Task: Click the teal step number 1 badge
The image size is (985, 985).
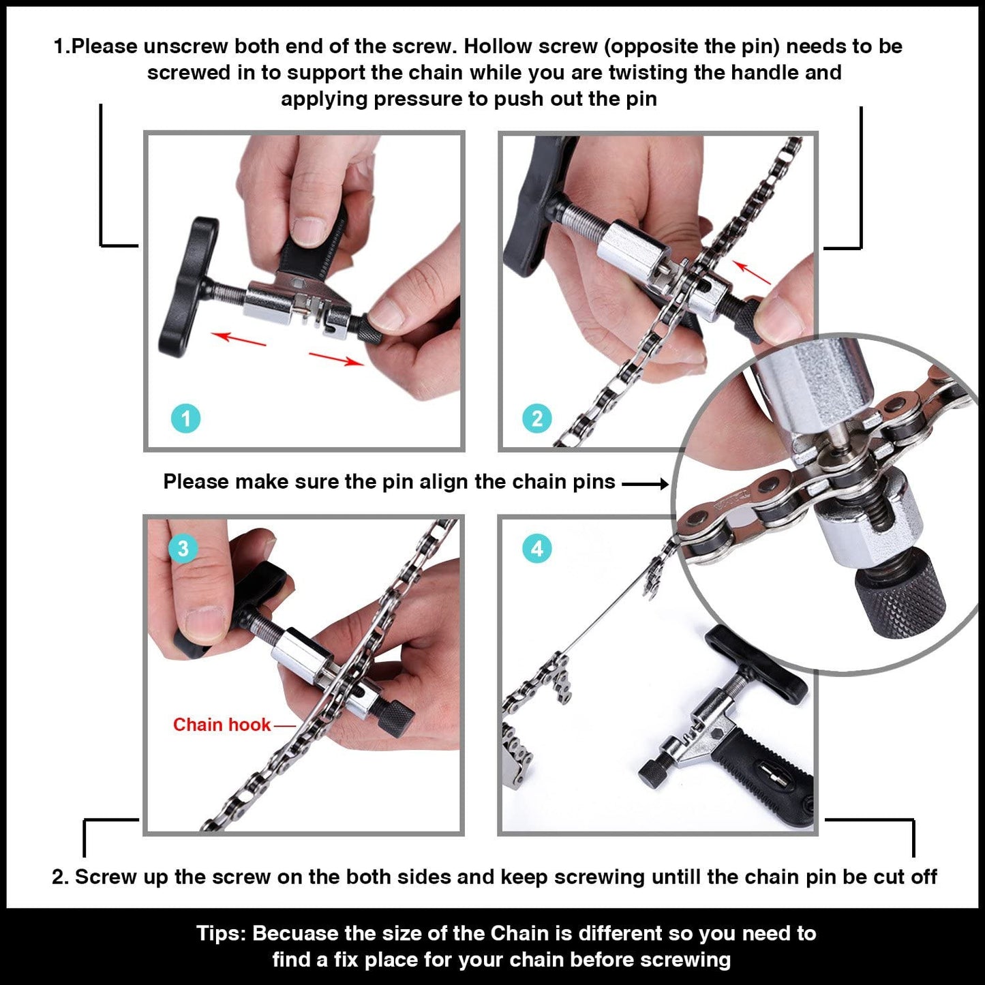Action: click(185, 418)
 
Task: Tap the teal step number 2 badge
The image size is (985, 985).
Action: click(536, 418)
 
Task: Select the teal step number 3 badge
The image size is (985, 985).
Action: click(183, 548)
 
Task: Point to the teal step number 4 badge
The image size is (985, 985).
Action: click(536, 549)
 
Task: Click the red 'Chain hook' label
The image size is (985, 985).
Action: click(222, 725)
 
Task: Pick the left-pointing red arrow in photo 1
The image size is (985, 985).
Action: click(238, 338)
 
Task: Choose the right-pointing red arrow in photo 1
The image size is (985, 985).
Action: click(336, 359)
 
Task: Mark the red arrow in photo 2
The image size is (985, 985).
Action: click(752, 272)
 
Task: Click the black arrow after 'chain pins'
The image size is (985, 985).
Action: click(645, 483)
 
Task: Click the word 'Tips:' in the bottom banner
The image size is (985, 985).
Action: click(221, 933)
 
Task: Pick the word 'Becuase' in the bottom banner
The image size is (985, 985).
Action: click(297, 933)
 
